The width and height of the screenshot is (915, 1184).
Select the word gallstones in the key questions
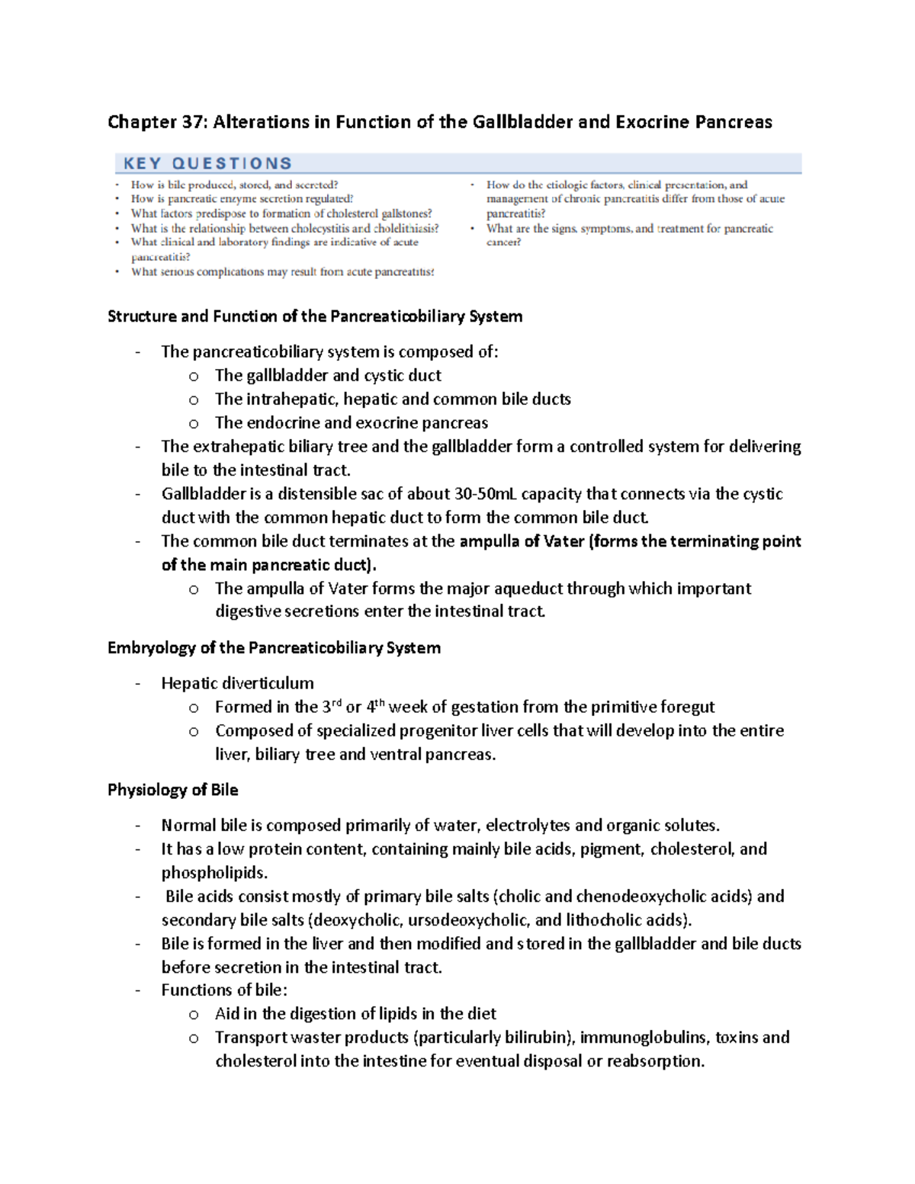(405, 213)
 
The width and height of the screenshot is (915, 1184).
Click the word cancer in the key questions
(502, 242)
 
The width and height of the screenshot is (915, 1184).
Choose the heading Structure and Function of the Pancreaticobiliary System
(315, 316)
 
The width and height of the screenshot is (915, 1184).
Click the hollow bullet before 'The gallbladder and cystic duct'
(194, 376)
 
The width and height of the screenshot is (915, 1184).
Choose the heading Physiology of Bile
(172, 790)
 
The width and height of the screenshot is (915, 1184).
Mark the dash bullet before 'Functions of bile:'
(138, 990)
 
